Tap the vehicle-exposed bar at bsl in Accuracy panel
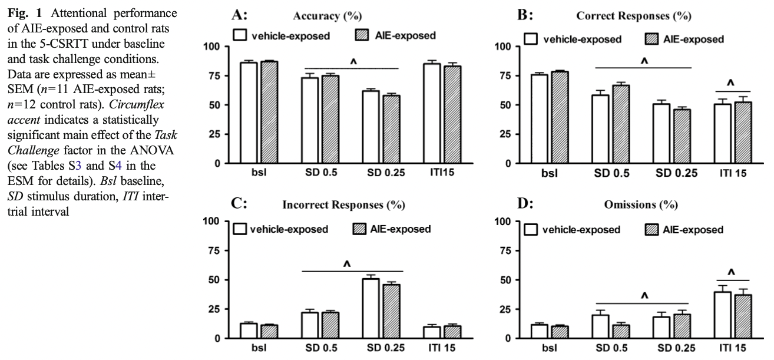point(249,113)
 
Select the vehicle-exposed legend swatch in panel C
point(239,229)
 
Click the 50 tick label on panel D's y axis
point(504,280)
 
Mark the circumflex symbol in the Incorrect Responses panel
point(346,265)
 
